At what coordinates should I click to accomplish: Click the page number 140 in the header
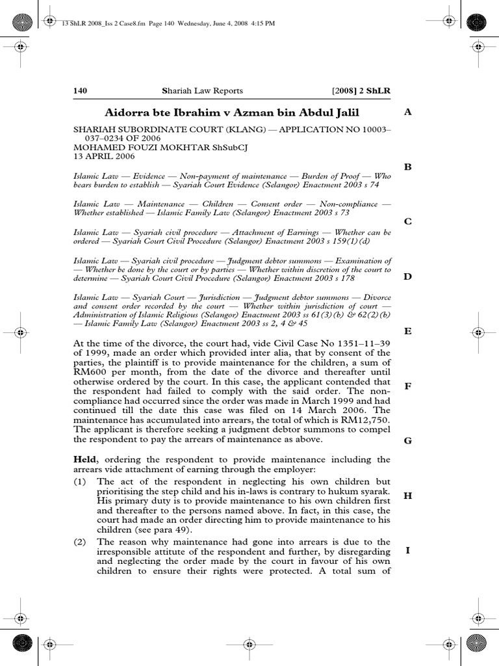[80, 91]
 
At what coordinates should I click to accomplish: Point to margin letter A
[408, 112]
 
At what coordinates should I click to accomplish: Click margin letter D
[408, 276]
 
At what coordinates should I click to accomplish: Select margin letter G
[408, 441]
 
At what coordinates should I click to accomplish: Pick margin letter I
[408, 550]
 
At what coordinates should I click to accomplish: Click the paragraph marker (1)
[81, 481]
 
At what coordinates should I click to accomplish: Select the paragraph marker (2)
[81, 542]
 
